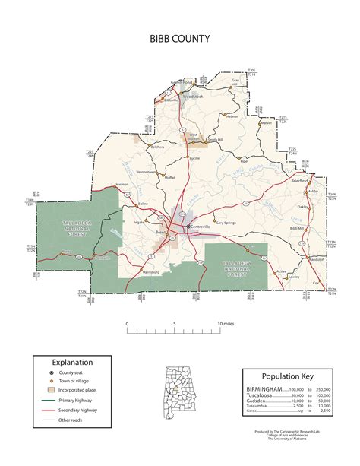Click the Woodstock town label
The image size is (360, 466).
coord(194,97)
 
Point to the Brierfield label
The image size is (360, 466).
coord(302,182)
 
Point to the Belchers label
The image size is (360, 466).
coord(157,147)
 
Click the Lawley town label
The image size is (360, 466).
coord(293,277)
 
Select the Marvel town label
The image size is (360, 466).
coord(266,122)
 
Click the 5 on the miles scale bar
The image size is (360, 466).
coord(174,324)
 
